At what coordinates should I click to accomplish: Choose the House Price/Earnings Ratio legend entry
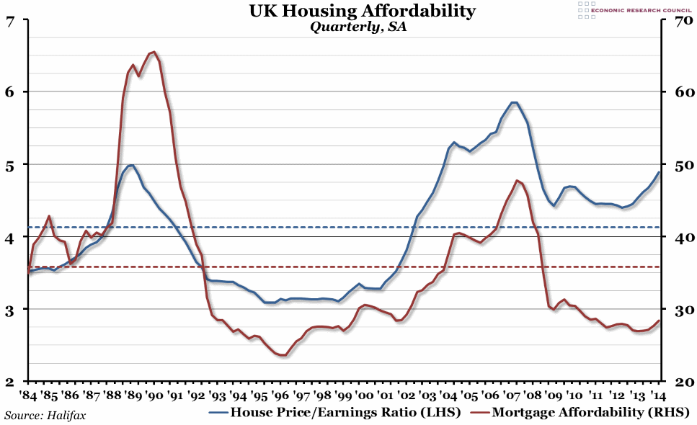coord(334,413)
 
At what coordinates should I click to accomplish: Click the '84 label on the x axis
coord(28,396)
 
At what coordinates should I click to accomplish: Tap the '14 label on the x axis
coord(658,396)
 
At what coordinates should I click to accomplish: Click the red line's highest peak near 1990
coord(155,52)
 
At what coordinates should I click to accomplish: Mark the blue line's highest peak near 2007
coord(513,102)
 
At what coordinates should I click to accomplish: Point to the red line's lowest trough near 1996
coord(283,355)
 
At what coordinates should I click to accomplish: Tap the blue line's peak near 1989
coord(131,165)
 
